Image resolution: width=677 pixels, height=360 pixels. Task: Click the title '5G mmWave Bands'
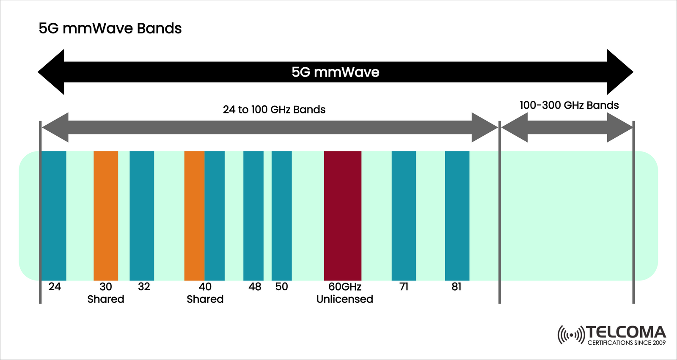tap(110, 28)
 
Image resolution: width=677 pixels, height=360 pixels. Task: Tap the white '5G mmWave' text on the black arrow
tap(335, 72)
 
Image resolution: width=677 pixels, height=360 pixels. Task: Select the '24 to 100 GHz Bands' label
tap(274, 110)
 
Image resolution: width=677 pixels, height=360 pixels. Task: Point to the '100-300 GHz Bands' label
tap(569, 105)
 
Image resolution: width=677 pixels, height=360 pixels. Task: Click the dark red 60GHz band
tap(343, 216)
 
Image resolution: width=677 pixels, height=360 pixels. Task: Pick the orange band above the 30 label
tap(106, 216)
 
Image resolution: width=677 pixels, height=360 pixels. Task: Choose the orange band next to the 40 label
tap(194, 216)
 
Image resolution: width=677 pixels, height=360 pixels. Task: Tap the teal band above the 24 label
tap(54, 216)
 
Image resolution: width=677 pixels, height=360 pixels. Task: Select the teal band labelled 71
tap(404, 216)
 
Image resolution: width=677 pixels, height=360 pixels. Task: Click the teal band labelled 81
tap(457, 216)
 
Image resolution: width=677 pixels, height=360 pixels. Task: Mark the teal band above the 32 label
tap(142, 216)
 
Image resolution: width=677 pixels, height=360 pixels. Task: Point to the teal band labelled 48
tap(253, 216)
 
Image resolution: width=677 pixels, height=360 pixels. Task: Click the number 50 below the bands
tap(281, 287)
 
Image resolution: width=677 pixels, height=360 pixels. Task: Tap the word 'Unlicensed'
tap(345, 299)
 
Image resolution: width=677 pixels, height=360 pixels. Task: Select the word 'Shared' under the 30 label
tap(106, 299)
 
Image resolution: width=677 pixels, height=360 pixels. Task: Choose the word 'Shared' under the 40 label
tap(205, 299)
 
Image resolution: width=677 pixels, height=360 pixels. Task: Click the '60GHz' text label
tap(345, 287)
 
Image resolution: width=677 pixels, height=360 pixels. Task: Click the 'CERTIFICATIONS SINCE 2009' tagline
tap(626, 343)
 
